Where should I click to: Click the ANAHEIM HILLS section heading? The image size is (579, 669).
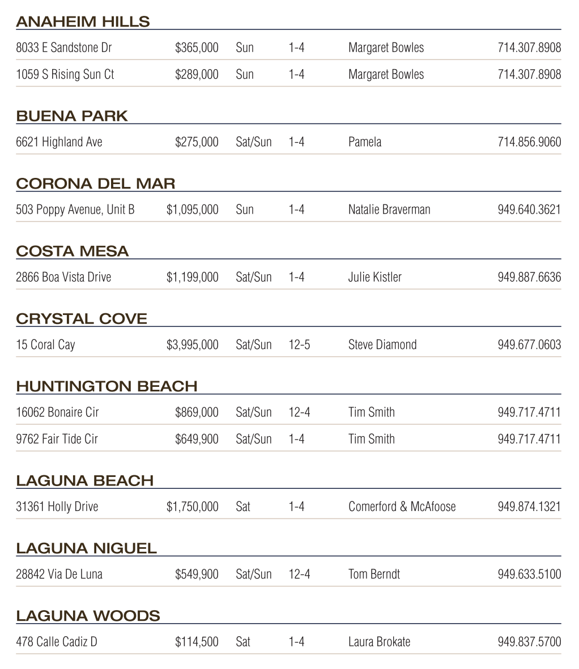tap(83, 22)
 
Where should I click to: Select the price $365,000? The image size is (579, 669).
tap(197, 48)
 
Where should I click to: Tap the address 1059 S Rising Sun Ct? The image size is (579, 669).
tap(65, 74)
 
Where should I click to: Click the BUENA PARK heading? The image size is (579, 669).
tap(72, 116)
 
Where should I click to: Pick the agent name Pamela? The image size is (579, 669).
tap(365, 142)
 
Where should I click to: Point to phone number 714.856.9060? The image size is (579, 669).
tap(529, 142)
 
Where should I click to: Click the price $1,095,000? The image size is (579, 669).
tap(192, 210)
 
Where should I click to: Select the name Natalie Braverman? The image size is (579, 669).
tap(389, 210)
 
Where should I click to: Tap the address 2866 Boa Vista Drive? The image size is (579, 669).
tap(63, 277)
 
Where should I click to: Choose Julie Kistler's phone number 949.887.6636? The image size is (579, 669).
tap(529, 277)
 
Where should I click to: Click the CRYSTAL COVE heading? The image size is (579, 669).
tap(82, 319)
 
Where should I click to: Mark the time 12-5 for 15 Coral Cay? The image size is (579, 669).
tap(299, 344)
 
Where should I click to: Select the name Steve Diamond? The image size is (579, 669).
tap(382, 344)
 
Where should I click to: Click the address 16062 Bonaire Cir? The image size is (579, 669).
tap(57, 412)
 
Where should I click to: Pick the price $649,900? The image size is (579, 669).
tap(197, 439)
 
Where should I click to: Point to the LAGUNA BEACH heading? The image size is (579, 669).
tap(85, 481)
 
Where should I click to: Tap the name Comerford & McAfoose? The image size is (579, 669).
tap(402, 506)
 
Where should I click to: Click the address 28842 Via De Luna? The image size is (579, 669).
tap(59, 574)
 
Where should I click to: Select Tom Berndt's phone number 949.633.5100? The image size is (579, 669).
tap(529, 574)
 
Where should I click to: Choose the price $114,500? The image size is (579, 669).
tap(197, 642)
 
